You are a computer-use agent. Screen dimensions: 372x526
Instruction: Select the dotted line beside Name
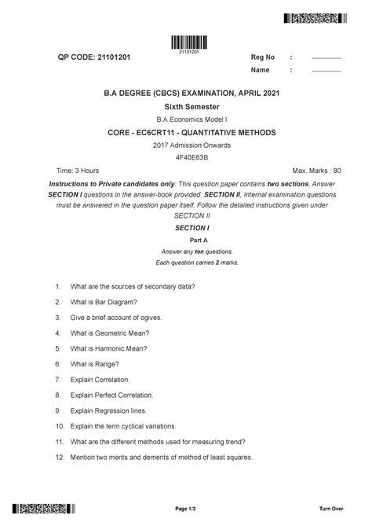(x=326, y=71)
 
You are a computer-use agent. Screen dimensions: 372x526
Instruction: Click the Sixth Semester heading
(x=186, y=105)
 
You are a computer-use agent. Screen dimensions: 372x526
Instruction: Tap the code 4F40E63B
(x=186, y=157)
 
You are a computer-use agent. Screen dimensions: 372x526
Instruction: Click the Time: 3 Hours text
(x=78, y=170)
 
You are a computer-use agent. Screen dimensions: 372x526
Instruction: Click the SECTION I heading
(x=186, y=226)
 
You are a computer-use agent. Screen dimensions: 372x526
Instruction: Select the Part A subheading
(x=186, y=239)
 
